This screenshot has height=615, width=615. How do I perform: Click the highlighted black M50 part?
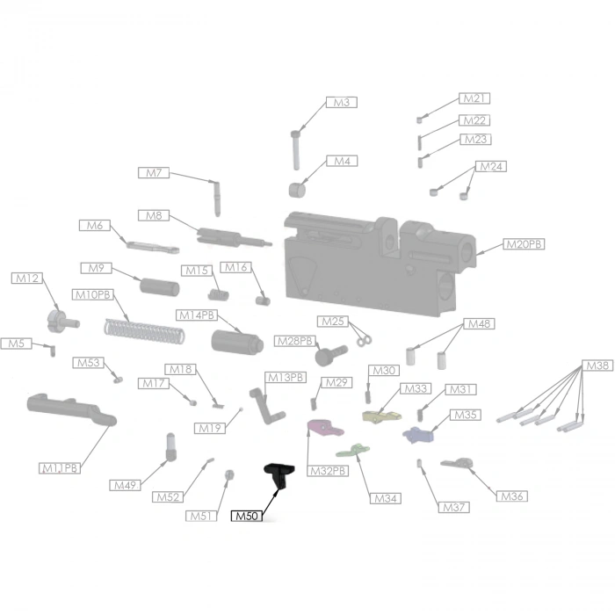click(279, 474)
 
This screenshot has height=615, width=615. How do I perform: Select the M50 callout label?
click(247, 517)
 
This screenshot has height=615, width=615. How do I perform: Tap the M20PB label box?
click(524, 244)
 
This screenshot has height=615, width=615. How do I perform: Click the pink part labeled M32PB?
click(325, 429)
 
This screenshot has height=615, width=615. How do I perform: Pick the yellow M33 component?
click(381, 416)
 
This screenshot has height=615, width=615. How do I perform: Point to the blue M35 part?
click(417, 435)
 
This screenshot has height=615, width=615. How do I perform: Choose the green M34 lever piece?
click(353, 450)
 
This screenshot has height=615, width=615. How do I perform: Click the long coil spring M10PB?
click(144, 332)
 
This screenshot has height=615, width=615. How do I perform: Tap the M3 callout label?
click(342, 103)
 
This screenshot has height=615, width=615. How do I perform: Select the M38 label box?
click(597, 365)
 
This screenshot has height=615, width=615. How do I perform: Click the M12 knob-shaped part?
click(62, 322)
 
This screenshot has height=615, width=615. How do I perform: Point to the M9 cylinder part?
click(160, 286)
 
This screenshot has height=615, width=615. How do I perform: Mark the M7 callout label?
click(154, 172)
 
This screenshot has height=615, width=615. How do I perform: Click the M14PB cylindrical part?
click(237, 343)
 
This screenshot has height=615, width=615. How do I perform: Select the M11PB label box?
click(60, 468)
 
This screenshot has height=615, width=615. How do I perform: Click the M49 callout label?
click(125, 485)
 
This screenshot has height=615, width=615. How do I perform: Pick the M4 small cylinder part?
click(297, 190)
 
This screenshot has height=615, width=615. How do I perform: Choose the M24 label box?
click(491, 166)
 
